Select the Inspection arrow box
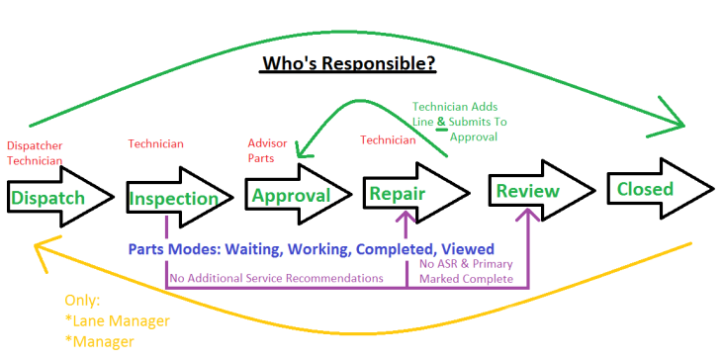tap(173, 198)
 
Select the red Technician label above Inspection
tap(155, 144)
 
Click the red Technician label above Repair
tap(389, 140)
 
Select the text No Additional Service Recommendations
tap(276, 278)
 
